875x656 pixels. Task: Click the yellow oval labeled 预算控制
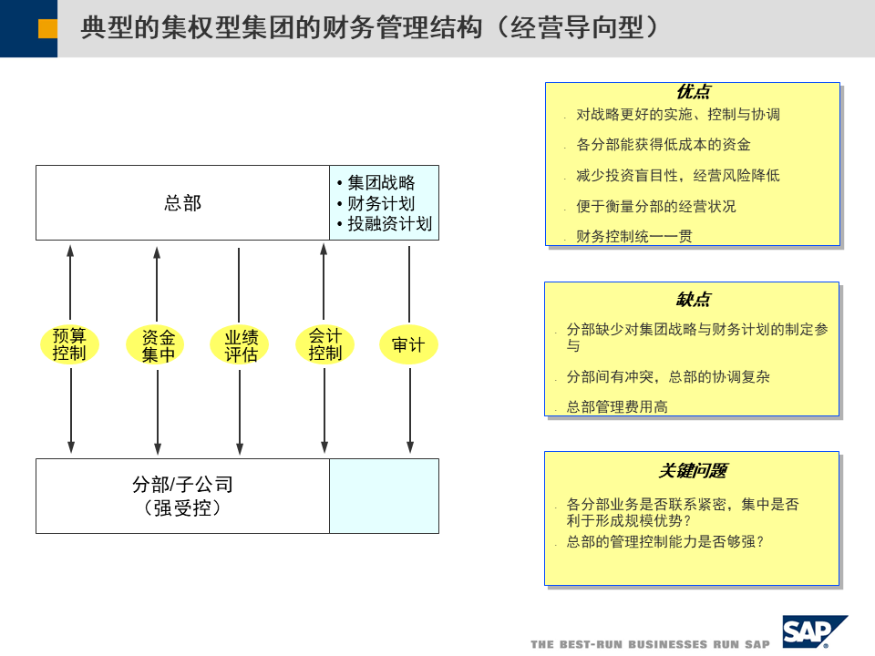(69, 344)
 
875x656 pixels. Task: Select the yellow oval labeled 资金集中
(158, 345)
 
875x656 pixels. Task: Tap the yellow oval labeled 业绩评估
(241, 345)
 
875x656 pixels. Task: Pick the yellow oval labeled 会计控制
(324, 344)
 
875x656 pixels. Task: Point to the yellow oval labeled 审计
(407, 345)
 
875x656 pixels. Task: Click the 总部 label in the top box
(182, 203)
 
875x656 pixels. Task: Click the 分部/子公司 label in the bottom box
(182, 485)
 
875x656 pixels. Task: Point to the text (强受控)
(182, 508)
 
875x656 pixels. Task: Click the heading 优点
(693, 92)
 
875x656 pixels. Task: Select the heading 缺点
(693, 300)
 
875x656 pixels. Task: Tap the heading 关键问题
(693, 470)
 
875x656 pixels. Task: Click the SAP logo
(813, 631)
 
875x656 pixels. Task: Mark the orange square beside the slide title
(47, 29)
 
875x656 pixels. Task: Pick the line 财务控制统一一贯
(634, 237)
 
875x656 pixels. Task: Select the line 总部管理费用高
(617, 406)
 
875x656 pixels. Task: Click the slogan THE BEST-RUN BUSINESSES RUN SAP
(650, 644)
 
